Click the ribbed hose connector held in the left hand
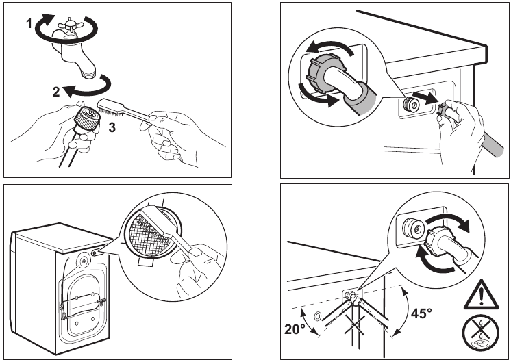(x=87, y=117)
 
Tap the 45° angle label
(x=421, y=313)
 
